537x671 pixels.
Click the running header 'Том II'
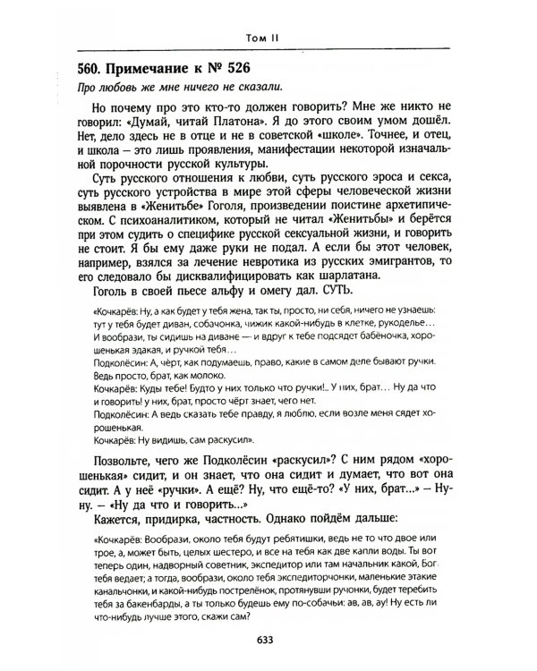pyautogui.click(x=268, y=37)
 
